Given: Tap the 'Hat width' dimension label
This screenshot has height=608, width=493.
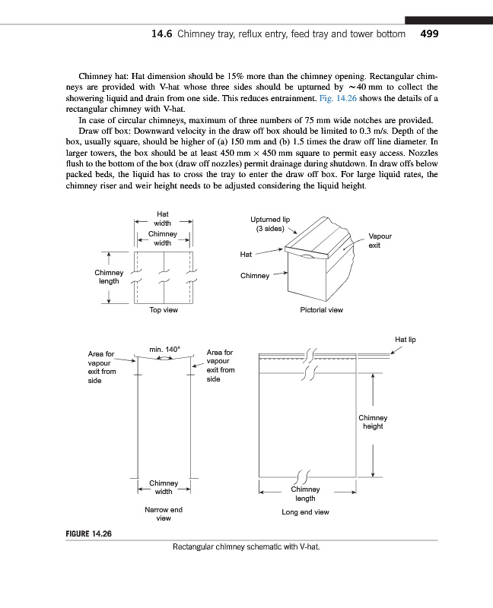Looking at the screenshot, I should coord(162,219).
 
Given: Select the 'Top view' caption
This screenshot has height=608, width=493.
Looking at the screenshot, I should coord(164,310).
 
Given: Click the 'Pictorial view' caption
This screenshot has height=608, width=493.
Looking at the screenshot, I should coord(322,310).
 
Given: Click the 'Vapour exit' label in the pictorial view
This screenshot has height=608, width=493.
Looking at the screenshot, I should coord(380,241).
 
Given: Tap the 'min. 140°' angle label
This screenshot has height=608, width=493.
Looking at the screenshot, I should coord(164,350).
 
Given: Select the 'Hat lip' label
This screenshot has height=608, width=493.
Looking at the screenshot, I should coord(406,339).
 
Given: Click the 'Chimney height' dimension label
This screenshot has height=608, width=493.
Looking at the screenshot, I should coord(373,422).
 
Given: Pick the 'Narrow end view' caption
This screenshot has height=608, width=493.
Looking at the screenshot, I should coord(164,514).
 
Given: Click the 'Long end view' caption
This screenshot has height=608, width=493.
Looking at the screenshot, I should coord(305,512).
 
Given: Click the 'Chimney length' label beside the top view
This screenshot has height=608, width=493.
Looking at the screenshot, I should coord(109,277).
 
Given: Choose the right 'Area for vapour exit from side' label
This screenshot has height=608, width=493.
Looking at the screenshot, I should coord(221,366).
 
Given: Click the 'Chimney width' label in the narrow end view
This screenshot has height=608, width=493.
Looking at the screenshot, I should coord(164,487).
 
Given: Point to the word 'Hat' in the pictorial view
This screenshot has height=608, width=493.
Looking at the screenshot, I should coord(246,255).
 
